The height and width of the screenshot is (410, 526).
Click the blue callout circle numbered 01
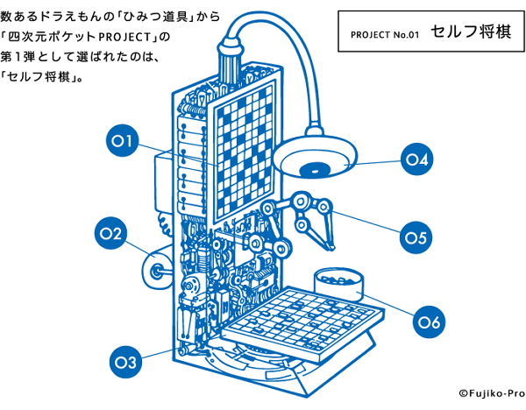coord(122,141)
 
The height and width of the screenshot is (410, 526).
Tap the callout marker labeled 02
coord(110,233)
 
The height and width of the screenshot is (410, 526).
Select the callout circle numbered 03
coord(125,362)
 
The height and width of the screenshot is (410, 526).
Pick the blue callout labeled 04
coord(417,159)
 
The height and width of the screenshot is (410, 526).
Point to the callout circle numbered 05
coord(416,237)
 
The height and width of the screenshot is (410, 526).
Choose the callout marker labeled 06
coord(429,322)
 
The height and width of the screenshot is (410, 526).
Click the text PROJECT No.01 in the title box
coord(385,35)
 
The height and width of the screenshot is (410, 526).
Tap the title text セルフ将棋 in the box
coord(471,32)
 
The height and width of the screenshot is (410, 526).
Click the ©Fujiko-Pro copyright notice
coord(492,393)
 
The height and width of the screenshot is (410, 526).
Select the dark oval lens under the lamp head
coord(315,171)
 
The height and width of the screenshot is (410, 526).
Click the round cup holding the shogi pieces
coord(338,284)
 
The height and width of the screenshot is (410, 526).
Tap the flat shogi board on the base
coord(302,323)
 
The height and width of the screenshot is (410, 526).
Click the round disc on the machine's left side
coord(157,271)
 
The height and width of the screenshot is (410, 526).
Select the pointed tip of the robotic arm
coord(332,249)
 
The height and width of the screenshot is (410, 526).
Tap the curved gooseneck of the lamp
coord(285,60)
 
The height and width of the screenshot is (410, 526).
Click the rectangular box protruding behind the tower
coord(163,183)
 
